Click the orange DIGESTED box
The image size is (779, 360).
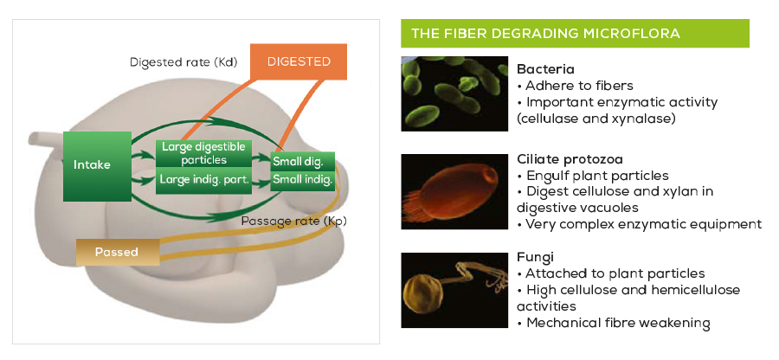299,61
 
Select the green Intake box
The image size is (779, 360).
97,165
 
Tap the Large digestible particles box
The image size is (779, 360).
204,153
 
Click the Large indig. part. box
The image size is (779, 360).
204,180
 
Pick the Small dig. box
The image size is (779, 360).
303,161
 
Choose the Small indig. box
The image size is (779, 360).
303,180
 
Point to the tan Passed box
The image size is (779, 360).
118,252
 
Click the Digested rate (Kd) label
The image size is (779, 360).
184,62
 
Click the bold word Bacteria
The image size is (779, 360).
545,68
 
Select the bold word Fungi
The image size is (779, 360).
535,257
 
